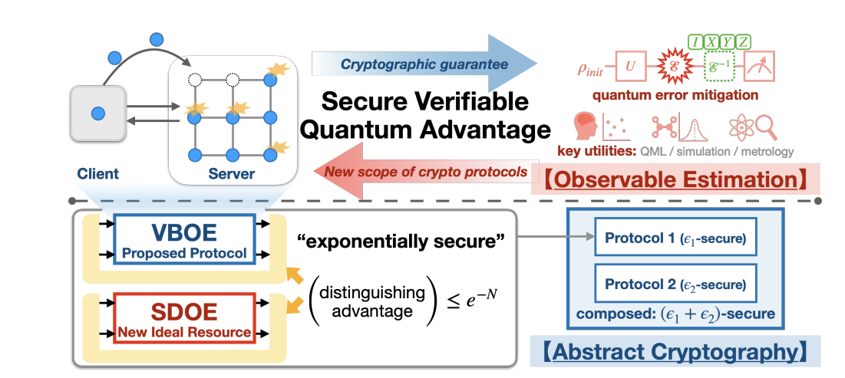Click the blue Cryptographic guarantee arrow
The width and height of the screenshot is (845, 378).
click(x=426, y=63)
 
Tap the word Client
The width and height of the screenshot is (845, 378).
click(x=97, y=174)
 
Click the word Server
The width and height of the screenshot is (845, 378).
click(x=232, y=174)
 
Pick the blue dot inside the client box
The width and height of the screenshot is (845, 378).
click(x=98, y=114)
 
